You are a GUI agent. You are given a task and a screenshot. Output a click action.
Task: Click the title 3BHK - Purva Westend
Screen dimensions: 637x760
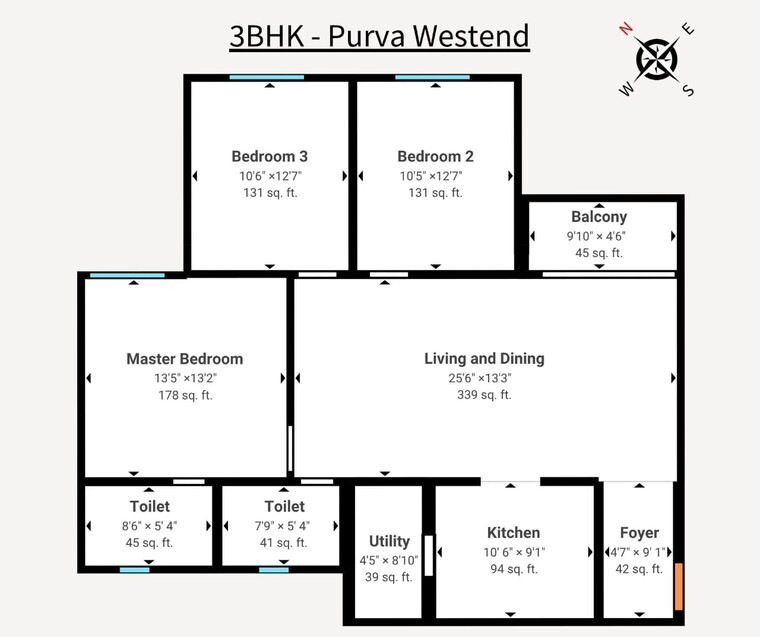[379, 36]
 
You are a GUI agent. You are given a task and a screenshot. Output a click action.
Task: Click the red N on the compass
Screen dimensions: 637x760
[627, 28]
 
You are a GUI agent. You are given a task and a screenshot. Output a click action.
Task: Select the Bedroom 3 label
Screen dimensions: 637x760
[269, 156]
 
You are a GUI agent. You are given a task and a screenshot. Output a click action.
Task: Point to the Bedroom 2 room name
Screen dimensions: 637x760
[435, 156]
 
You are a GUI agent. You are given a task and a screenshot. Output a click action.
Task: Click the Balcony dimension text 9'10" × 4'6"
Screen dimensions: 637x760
[599, 237]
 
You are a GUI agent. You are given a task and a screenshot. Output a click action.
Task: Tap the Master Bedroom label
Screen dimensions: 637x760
[184, 359]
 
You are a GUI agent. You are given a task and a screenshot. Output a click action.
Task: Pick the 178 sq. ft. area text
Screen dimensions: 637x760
[184, 395]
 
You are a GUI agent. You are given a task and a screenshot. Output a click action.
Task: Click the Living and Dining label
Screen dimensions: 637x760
[484, 359]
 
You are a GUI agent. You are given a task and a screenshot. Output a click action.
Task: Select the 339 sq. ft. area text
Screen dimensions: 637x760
[484, 395]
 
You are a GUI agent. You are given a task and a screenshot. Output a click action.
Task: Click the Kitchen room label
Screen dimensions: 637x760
[513, 533]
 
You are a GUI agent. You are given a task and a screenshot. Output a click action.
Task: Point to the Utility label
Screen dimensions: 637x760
[389, 542]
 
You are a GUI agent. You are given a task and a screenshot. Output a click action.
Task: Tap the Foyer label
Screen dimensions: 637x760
[639, 533]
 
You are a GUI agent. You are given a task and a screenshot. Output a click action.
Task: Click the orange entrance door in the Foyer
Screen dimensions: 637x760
[679, 587]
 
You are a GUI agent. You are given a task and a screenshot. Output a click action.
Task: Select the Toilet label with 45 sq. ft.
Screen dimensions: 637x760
[149, 507]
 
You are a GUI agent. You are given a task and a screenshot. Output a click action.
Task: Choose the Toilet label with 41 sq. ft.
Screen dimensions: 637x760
[284, 507]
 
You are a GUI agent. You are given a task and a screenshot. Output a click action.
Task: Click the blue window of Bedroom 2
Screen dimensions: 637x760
[432, 77]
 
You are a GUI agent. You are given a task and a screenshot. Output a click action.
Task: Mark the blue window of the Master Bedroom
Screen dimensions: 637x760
[127, 275]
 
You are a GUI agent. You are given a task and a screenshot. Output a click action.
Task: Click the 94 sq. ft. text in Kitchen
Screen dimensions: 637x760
[513, 569]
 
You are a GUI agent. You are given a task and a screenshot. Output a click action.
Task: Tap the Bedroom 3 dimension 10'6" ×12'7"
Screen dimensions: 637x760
[269, 175]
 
